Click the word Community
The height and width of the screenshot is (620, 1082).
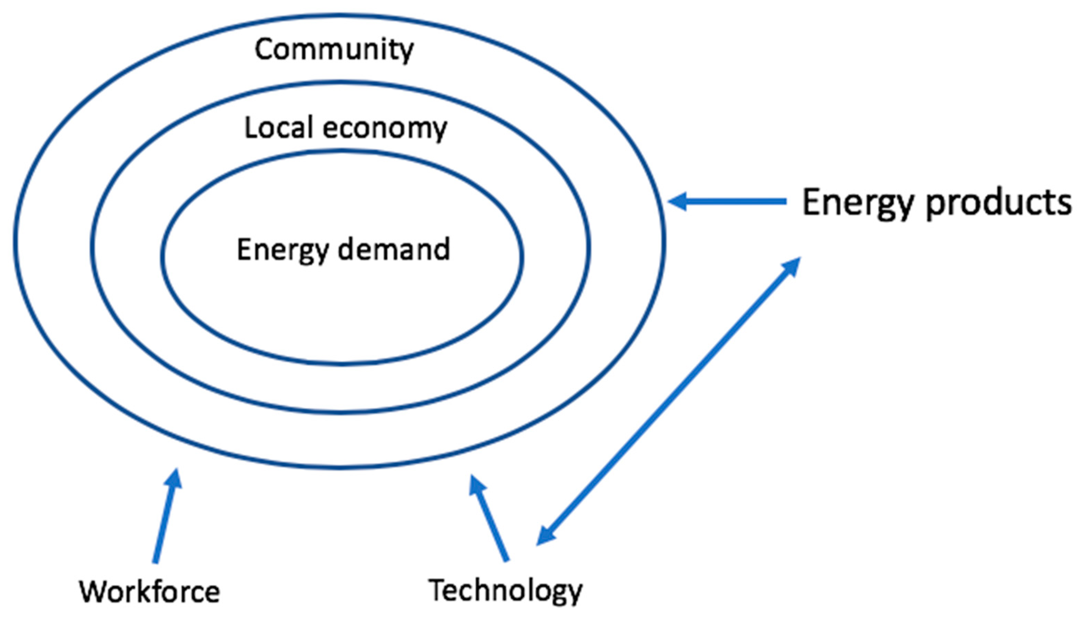(334, 50)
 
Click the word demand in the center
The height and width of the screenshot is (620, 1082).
(394, 250)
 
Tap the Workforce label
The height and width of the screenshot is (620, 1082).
(150, 591)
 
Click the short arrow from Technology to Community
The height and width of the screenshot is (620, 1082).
(490, 519)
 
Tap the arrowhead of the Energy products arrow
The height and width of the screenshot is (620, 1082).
(677, 201)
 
